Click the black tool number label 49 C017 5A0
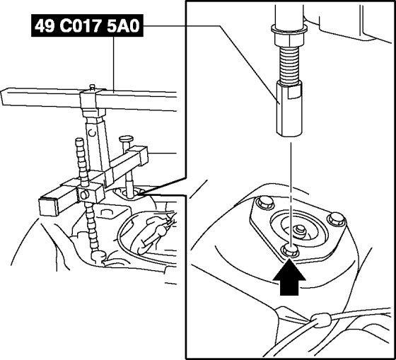pyautogui.click(x=87, y=25)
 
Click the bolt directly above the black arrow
pyautogui.click(x=290, y=251)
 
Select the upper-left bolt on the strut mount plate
pyautogui.click(x=264, y=202)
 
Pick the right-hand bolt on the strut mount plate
pyautogui.click(x=336, y=219)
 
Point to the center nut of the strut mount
pyautogui.click(x=300, y=230)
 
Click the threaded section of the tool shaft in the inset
pyautogui.click(x=290, y=64)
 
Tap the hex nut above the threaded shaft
pyautogui.click(x=289, y=39)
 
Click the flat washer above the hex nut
pyautogui.click(x=289, y=29)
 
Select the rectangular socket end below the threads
pyautogui.click(x=289, y=109)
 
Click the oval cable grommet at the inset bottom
pyautogui.click(x=321, y=320)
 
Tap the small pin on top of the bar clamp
pyautogui.click(x=93, y=87)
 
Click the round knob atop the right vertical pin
pyautogui.click(x=127, y=139)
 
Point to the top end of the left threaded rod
pyautogui.click(x=79, y=140)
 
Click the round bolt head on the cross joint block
pyautogui.click(x=85, y=194)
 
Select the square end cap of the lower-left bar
pyautogui.click(x=48, y=207)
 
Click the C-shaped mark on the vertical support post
pyautogui.click(x=93, y=132)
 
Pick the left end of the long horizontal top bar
pyautogui.click(x=2, y=97)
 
